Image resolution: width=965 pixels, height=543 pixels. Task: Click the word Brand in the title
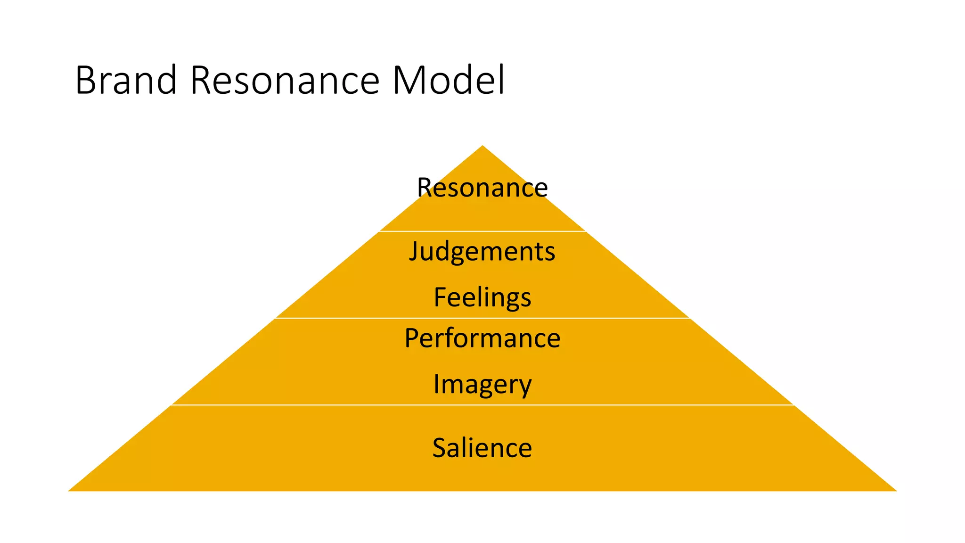(x=125, y=80)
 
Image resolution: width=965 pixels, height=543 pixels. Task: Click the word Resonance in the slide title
(x=285, y=80)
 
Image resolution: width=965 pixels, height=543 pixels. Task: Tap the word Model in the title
(x=448, y=80)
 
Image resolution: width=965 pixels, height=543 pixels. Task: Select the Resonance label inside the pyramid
(x=482, y=188)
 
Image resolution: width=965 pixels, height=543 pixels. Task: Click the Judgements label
(x=482, y=251)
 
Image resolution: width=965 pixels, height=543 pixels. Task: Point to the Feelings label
(x=482, y=297)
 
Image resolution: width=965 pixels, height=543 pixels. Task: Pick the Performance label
(x=482, y=338)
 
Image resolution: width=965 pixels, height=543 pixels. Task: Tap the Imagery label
(x=482, y=384)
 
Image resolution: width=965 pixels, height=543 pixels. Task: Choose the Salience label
(x=482, y=448)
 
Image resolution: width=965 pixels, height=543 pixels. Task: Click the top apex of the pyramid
(x=482, y=147)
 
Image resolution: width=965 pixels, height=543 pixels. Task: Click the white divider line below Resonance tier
(x=482, y=231)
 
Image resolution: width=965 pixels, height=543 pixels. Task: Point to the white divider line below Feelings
(x=482, y=318)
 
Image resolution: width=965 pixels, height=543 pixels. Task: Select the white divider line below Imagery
(x=482, y=404)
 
